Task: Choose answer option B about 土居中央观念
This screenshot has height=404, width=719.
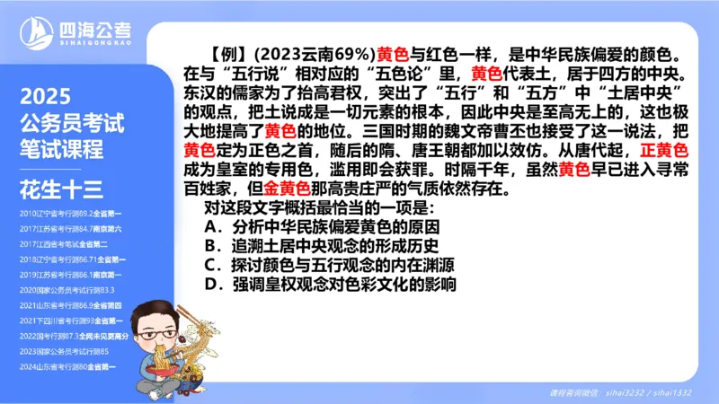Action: [322, 245]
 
